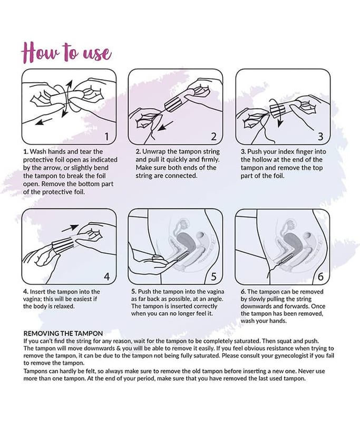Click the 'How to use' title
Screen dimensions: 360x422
(66, 52)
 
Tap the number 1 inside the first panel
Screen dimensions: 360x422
(106, 137)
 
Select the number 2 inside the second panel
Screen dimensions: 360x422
(214, 137)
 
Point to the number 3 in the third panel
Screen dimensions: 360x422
(320, 137)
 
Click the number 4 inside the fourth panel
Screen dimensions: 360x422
(107, 276)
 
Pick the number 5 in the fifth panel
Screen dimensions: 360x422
(214, 276)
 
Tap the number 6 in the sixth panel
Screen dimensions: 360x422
(320, 276)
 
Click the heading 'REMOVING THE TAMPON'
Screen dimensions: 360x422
(63, 334)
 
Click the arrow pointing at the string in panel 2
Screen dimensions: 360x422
(165, 126)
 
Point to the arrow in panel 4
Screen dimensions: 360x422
(70, 228)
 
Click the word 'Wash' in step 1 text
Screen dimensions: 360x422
(37, 151)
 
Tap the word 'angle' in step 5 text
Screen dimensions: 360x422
(215, 299)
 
